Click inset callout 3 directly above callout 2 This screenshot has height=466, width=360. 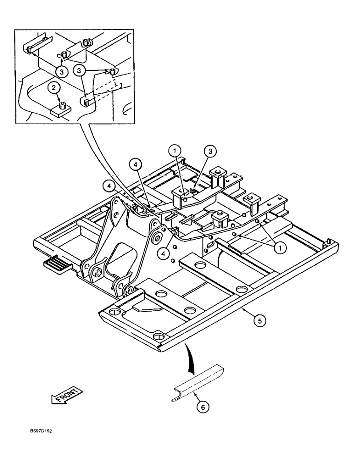click(61, 71)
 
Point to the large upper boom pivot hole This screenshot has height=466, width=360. click(156, 239)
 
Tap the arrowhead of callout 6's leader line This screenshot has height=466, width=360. click(193, 393)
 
